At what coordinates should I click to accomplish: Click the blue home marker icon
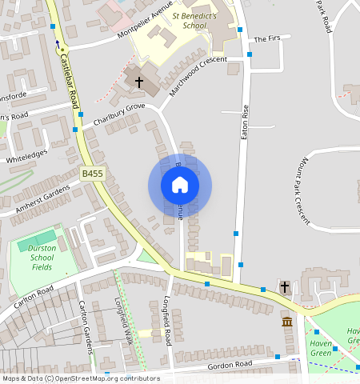[180, 186]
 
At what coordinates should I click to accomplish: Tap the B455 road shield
[92, 173]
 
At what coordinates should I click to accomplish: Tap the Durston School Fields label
[41, 258]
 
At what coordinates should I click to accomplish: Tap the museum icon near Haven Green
[286, 322]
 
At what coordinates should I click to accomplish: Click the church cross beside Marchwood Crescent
[138, 82]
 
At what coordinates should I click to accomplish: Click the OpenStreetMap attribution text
[80, 378]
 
